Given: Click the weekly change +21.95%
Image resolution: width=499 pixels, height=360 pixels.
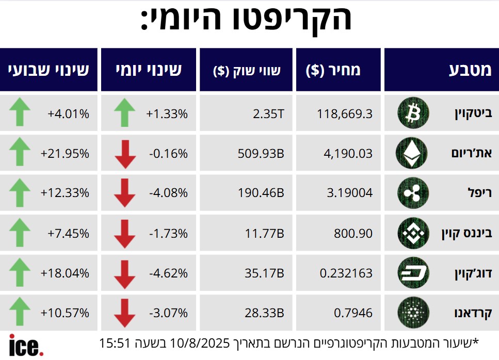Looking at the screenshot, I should click(x=65, y=154).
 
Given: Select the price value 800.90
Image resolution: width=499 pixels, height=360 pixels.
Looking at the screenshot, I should click(x=353, y=233).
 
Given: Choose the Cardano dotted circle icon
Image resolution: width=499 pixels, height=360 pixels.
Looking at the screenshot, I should click(x=413, y=313).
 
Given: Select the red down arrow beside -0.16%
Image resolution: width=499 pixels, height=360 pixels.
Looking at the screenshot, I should click(x=124, y=154).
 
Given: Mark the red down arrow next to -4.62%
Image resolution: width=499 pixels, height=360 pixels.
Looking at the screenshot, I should click(x=124, y=273).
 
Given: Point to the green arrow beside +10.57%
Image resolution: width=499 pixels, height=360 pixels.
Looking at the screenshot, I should click(x=20, y=313).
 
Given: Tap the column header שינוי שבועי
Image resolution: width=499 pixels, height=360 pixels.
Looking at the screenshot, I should click(x=49, y=70).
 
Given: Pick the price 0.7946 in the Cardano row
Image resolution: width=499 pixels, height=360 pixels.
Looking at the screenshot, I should click(x=354, y=313).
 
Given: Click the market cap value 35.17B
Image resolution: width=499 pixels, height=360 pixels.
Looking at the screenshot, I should click(x=265, y=273).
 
